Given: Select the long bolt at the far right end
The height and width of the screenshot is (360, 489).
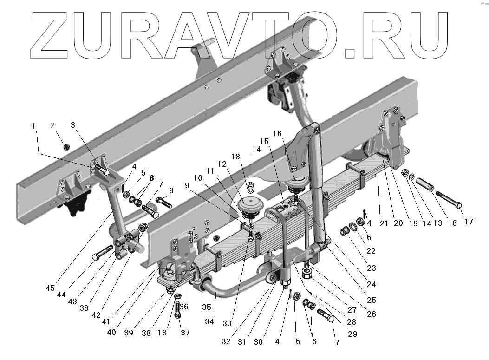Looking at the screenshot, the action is pos(448,199).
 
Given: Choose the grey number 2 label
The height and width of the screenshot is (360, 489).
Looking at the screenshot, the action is pos(52,125).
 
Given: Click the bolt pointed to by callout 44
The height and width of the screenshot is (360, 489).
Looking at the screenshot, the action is pos(102,253).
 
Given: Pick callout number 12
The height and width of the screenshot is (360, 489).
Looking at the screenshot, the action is pos(222,164).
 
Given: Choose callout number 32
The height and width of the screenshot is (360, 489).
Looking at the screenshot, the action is pos(226,341).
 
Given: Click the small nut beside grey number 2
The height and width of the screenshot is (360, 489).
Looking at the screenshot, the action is pos(66,147).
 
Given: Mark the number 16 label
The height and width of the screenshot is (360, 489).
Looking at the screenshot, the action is pos(277,134).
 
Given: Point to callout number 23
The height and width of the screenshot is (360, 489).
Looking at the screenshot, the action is pos(371,268).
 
